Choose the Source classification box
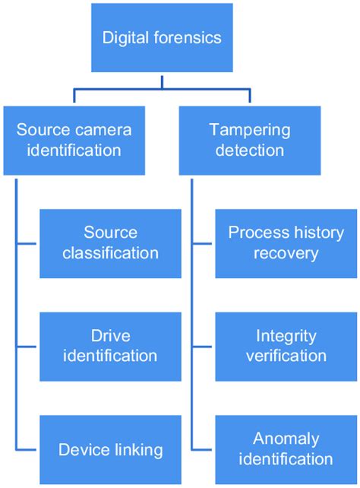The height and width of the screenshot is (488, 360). pos(110,242)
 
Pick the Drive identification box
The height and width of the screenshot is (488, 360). pos(110,346)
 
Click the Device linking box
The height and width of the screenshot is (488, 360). pos(110,449)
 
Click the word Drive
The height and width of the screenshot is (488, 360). pos(111,335)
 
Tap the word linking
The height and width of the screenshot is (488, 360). pos(137,449)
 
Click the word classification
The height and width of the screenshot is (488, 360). pos(111,253)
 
